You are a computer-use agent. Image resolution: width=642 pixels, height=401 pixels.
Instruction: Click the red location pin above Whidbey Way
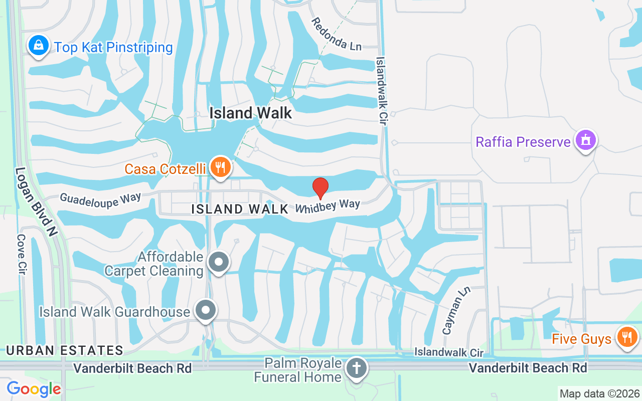coord(320,188)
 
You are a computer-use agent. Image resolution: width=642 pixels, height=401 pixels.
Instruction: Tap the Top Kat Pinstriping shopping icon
coord(38,46)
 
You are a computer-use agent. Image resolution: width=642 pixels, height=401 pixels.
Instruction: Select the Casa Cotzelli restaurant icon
coord(220,167)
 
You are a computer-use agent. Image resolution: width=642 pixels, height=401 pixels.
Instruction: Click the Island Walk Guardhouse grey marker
coord(206,311)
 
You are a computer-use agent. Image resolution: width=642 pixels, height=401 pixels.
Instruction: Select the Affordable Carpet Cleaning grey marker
coord(219,262)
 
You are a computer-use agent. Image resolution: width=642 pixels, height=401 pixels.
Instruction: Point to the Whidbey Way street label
coord(328,206)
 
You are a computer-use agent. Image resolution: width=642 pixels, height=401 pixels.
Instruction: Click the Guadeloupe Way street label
coord(100,199)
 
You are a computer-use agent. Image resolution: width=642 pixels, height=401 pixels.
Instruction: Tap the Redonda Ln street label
coord(336,34)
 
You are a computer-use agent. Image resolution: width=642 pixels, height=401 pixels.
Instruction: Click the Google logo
coord(34,388)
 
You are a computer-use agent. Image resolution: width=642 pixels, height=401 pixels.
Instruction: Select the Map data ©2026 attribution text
coord(599,393)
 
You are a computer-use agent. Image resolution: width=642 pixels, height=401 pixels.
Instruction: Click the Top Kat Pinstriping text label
coord(113,48)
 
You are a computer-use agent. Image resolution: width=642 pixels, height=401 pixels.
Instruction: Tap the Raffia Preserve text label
coord(523,142)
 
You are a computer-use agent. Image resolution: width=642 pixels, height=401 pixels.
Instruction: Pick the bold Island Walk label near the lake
coord(250,113)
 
